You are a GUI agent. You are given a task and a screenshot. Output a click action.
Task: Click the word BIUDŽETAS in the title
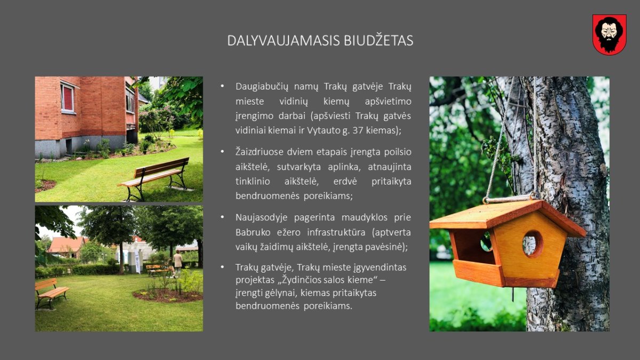tap(378, 41)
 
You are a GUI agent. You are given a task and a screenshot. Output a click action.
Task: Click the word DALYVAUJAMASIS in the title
tap(283, 41)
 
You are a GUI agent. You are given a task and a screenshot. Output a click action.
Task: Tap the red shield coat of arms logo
tap(610, 35)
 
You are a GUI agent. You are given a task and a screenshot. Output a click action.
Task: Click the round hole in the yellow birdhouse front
tap(533, 244)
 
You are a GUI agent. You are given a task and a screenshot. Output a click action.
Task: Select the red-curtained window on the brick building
tap(67, 98)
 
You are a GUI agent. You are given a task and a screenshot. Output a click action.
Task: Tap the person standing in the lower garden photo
tap(178, 263)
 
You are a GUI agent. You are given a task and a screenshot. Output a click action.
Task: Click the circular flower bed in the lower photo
tap(168, 295)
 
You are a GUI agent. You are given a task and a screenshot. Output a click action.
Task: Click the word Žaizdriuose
tap(259, 151)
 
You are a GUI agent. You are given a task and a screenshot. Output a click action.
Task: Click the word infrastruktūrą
tap(337, 233)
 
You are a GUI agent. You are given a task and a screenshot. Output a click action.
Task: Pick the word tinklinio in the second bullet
tap(253, 181)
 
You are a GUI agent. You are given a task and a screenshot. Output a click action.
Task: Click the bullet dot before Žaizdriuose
tap(222, 151)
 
